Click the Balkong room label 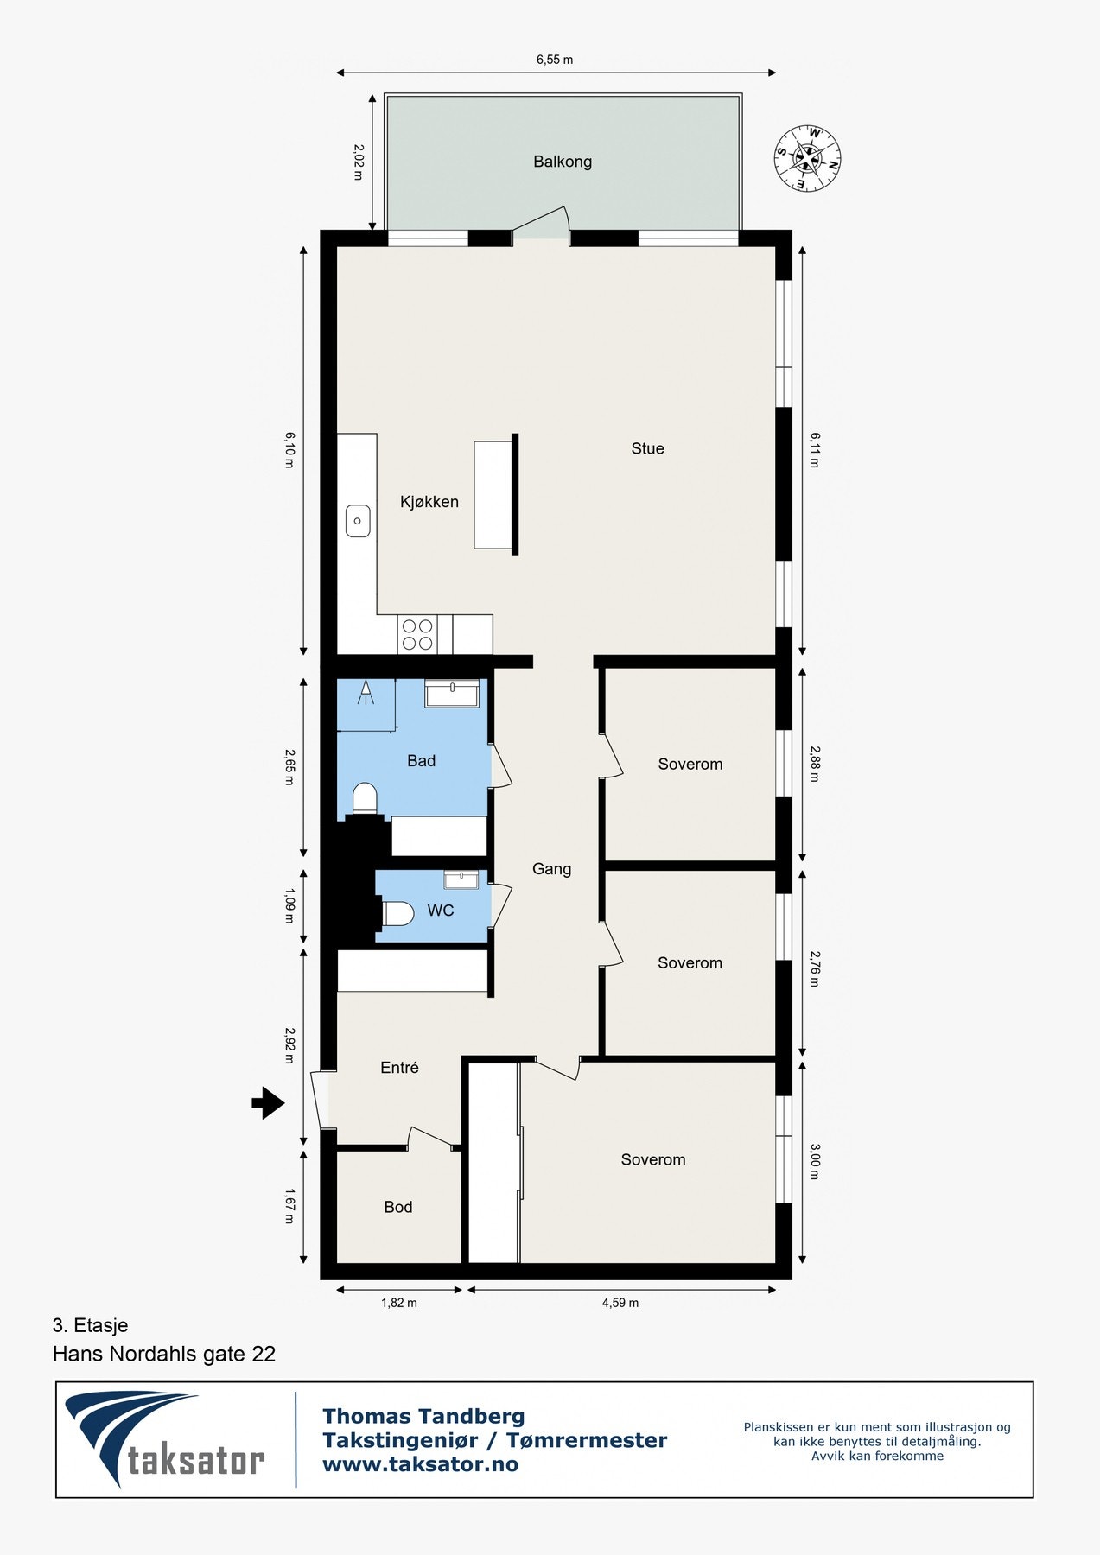(x=563, y=162)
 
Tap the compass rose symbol (x=807, y=159)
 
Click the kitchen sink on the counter (x=358, y=521)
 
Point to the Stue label (x=647, y=448)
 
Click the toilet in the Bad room (x=365, y=797)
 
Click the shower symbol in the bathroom (x=366, y=694)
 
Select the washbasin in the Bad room (x=452, y=694)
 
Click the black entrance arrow (x=268, y=1102)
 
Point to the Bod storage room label (x=397, y=1207)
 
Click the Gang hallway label (x=551, y=869)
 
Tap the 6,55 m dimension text (x=555, y=60)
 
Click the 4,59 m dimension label (x=620, y=1303)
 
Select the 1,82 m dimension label (x=399, y=1303)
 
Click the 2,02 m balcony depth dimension (x=359, y=162)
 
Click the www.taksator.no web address (x=420, y=1464)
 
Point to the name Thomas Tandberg (x=423, y=1416)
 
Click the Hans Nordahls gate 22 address (x=164, y=1354)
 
